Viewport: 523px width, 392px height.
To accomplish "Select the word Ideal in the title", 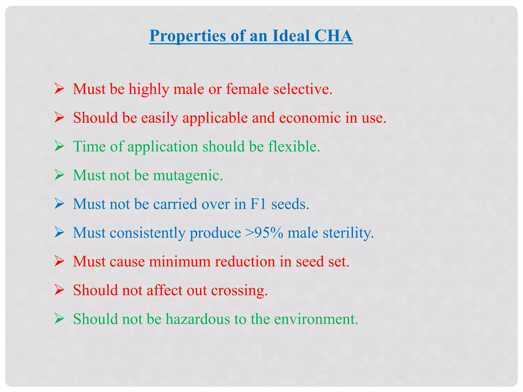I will [x=291, y=36].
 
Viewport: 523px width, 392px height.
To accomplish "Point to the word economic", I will [x=310, y=118].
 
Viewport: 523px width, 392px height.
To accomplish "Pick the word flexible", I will [x=294, y=146].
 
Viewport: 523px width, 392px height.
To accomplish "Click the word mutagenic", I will [x=188, y=176].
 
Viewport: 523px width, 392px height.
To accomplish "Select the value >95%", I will [x=264, y=233].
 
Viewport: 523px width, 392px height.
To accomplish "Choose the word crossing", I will [x=239, y=291].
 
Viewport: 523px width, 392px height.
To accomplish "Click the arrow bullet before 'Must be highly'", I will [x=59, y=89].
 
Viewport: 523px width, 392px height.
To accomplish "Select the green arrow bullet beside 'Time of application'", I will [x=59, y=146].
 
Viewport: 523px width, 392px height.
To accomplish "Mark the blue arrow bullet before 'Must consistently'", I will [x=59, y=233].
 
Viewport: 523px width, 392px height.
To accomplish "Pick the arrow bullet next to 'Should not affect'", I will [x=59, y=290].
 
